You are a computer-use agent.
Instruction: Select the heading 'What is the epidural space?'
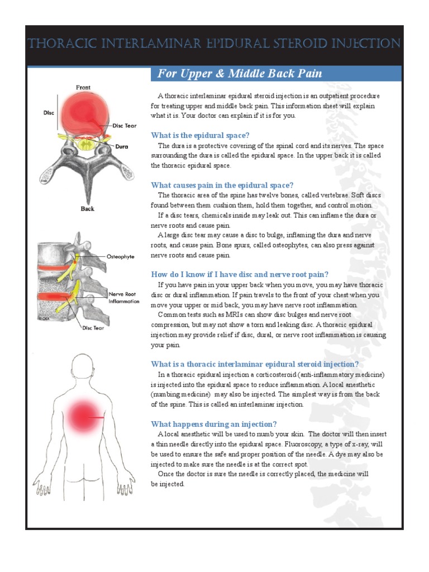[x=200, y=135]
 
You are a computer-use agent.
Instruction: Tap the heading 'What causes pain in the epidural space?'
[x=222, y=185]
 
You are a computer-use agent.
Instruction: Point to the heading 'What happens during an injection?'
[x=214, y=424]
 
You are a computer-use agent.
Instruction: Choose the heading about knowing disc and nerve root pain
[x=240, y=274]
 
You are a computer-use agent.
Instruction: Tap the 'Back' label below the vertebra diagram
[x=87, y=209]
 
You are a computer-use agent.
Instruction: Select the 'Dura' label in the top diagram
[x=121, y=147]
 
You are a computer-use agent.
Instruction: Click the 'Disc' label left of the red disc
[x=49, y=112]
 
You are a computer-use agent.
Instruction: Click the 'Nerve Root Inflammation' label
[x=124, y=297]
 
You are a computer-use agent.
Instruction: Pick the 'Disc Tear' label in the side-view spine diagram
[x=94, y=328]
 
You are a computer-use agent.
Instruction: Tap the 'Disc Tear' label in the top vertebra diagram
[x=125, y=126]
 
